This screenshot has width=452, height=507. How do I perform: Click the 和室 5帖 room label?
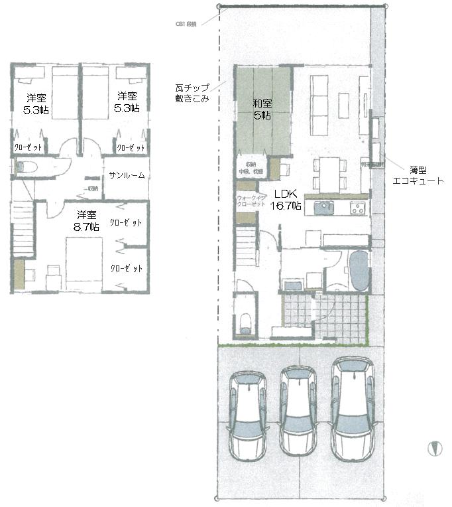[x=262, y=109]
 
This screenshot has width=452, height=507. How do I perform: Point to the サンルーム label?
[x=127, y=175]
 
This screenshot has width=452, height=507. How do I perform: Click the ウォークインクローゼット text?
[x=251, y=200]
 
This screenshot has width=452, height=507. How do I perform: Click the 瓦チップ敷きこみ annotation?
[x=193, y=93]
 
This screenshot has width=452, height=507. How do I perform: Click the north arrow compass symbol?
[x=434, y=449]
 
